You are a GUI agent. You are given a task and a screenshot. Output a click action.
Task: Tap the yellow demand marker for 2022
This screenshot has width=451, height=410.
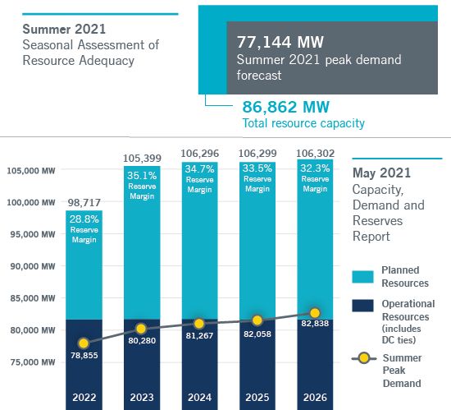pos(83,343)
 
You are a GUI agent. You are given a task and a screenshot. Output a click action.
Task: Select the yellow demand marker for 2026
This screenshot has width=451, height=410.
pos(315,313)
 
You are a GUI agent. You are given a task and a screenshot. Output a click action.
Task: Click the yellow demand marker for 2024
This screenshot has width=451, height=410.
pos(198,324)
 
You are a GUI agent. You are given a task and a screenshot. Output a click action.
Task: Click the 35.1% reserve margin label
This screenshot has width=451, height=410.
pos(141,174)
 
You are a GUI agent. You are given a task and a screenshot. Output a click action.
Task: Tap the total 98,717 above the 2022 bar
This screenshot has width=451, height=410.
pos(83,202)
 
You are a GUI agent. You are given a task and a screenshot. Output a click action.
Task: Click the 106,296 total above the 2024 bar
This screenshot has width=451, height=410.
pos(199,154)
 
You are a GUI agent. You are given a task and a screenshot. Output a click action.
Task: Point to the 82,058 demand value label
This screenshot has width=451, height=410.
pos(257,337)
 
